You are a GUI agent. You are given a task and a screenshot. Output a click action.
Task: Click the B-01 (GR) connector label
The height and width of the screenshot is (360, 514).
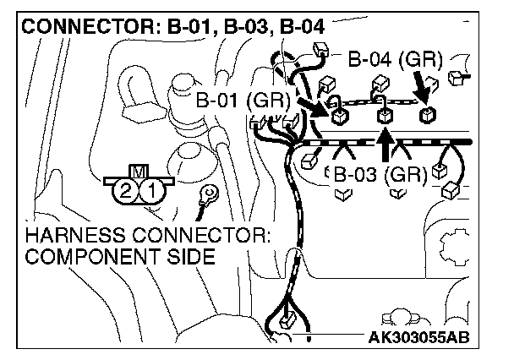(242, 101)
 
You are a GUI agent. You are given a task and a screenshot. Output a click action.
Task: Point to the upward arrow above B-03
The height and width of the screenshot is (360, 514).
(385, 144)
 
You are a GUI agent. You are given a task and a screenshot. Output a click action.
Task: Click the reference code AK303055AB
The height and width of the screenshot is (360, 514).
(418, 340)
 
